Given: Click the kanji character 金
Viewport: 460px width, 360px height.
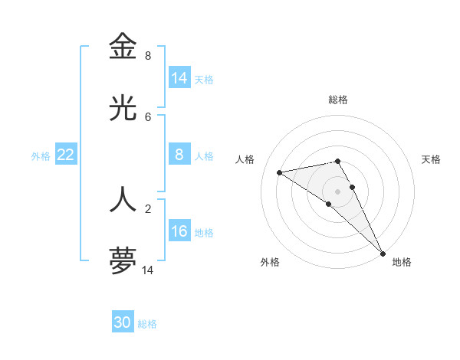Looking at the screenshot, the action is pos(123,47).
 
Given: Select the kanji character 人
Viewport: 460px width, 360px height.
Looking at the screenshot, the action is pos(123,198).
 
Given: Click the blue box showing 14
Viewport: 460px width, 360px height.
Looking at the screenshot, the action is pos(179,78).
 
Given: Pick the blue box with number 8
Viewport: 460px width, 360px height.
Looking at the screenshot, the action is pos(179,155).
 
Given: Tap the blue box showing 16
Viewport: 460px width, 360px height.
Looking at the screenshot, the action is pos(179,231).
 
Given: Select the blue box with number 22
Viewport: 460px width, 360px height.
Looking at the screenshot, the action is pos(66,155).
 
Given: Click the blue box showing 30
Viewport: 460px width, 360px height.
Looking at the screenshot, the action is pos(123,322).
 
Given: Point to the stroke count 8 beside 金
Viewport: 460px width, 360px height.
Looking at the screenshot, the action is pos(148,56).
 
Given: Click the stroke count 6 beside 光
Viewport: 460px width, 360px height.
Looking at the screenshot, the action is pos(148,117).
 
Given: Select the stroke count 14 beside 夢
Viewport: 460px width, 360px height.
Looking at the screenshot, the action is pos(148,270).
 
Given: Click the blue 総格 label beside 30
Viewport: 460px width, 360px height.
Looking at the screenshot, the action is pos(147,324).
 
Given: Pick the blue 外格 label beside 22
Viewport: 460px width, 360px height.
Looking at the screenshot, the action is pos(41,156).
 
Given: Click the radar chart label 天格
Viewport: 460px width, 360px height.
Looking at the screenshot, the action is pos(431,159).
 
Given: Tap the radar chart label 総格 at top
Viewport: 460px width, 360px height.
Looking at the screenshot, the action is pos(338,100).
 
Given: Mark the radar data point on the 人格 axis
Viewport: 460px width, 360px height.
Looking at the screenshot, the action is pos(280,172).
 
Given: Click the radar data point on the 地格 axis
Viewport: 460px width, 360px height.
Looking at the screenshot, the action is pos(382,254).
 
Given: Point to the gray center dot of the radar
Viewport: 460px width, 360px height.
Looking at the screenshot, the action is pos(338,191).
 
